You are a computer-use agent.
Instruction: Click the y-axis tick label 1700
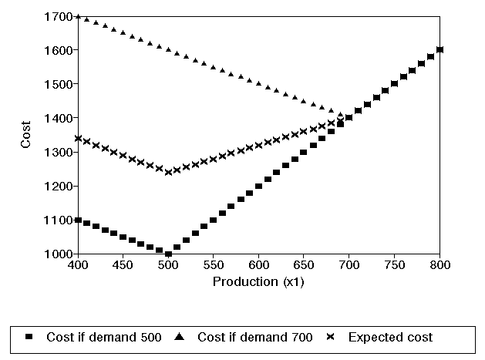60,16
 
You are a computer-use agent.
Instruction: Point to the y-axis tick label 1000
60,254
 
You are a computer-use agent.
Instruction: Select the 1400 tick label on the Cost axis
60,118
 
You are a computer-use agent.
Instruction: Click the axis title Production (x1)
258,281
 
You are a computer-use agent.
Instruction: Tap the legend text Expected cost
390,337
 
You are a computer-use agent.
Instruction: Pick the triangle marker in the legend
179,337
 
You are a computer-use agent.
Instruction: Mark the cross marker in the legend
330,337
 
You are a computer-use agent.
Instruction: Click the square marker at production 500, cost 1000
168,254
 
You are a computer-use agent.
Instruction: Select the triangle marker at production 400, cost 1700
77,16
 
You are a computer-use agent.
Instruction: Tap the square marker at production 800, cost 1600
440,50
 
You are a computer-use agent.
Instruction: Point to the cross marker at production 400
77,139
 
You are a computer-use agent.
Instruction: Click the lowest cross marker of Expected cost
168,172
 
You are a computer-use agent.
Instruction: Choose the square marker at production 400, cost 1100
77,220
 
